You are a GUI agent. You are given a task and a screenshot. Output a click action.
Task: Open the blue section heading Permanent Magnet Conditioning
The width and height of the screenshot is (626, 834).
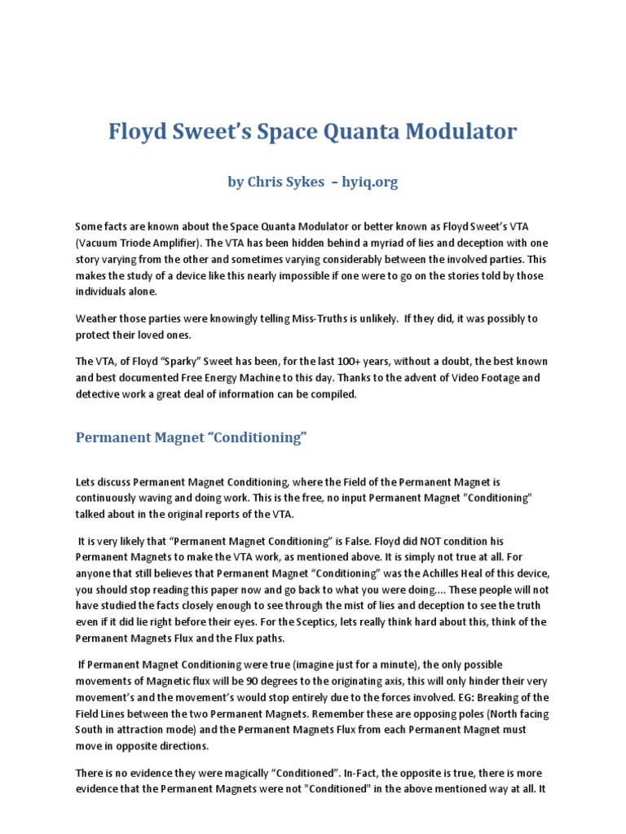coord(191,438)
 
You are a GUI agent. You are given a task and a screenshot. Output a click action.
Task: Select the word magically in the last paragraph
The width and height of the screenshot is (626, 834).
coord(259,773)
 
